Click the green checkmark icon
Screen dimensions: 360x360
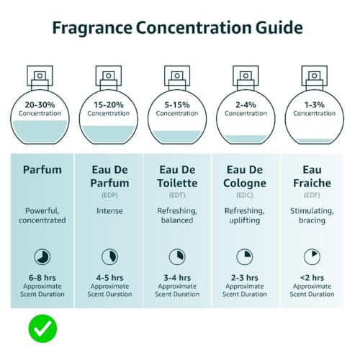42,328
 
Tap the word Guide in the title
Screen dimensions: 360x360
279,27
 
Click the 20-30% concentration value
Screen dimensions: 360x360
40,105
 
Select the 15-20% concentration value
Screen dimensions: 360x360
109,105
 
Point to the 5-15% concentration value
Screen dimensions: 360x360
177,105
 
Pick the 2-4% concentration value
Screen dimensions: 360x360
246,105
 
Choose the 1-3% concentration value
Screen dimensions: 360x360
315,105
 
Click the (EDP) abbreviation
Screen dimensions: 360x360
109,195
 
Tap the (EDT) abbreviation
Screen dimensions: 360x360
177,195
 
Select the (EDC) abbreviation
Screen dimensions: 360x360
245,195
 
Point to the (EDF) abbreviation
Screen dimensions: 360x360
312,195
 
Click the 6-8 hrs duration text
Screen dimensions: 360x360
42,278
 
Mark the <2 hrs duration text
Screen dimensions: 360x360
312,278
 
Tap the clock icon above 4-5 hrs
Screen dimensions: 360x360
109,257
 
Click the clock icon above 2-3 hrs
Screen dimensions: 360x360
245,257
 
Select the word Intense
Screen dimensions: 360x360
109,211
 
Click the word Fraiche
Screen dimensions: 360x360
312,183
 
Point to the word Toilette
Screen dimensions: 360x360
177,183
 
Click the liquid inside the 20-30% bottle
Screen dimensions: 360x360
40,132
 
